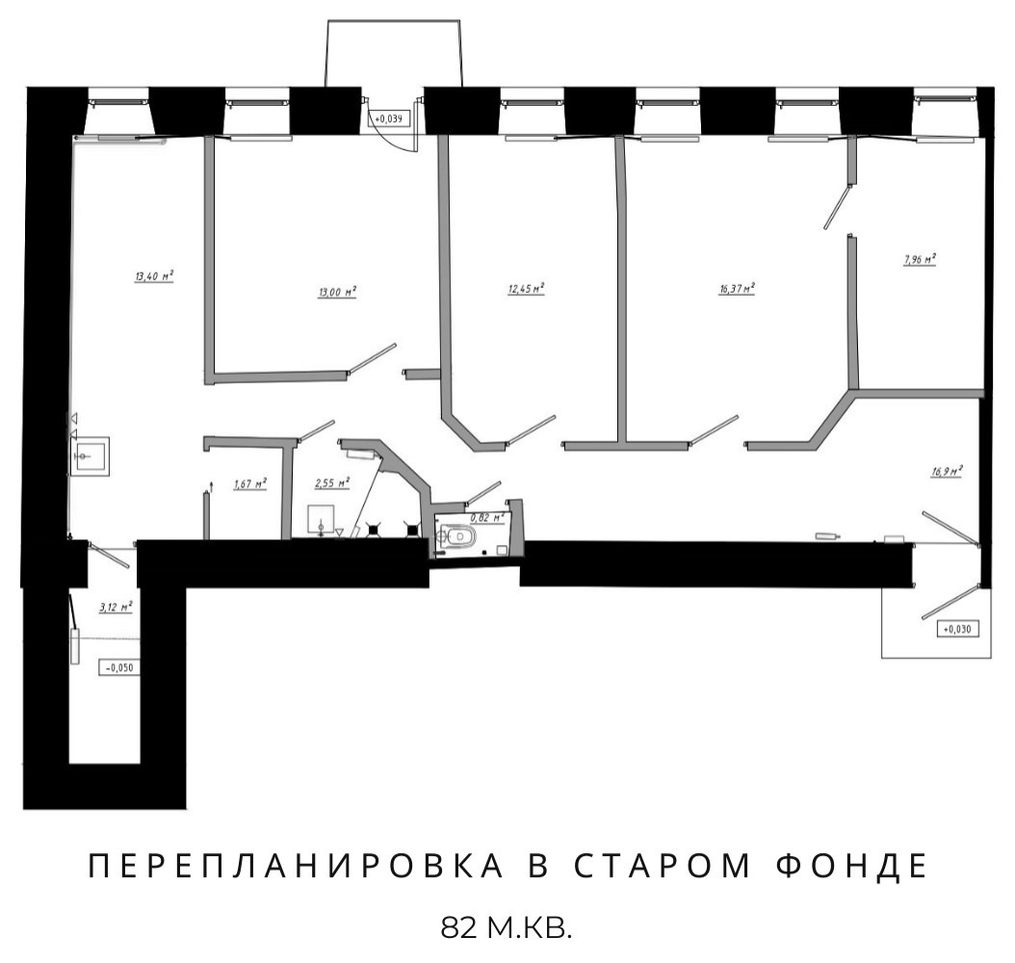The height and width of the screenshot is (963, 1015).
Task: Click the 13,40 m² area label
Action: [x=153, y=276]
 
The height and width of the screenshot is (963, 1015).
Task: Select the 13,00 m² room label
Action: [x=337, y=292]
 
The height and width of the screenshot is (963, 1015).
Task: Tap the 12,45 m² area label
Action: [x=526, y=288]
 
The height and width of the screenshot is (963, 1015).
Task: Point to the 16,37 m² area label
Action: [x=736, y=288]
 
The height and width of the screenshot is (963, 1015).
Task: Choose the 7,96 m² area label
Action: [x=920, y=259]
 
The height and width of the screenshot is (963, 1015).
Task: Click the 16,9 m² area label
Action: [x=947, y=472]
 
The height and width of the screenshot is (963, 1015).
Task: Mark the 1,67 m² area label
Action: [x=249, y=483]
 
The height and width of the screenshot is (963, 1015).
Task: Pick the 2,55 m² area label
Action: [x=332, y=482]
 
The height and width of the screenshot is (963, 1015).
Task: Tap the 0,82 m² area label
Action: [x=486, y=518]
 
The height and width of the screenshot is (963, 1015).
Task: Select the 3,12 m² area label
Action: [x=116, y=608]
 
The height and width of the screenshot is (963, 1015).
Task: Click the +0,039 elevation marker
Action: [x=390, y=118]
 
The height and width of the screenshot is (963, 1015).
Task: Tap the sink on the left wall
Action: [x=90, y=455]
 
